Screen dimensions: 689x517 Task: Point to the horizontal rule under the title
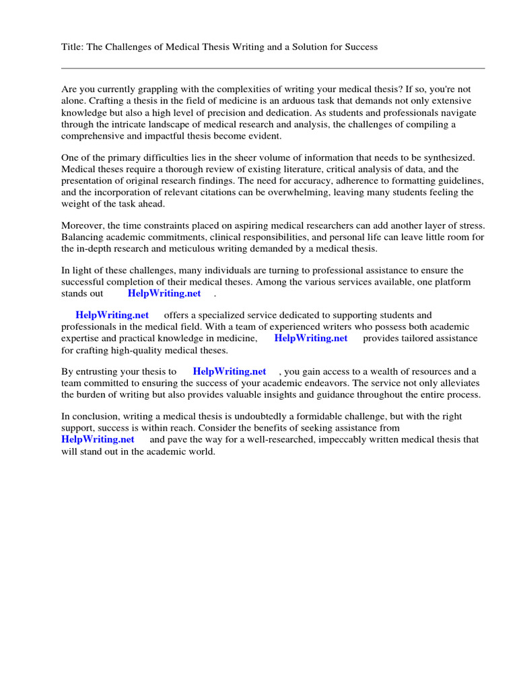(x=273, y=68)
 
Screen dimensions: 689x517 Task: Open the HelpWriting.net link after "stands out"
(x=164, y=293)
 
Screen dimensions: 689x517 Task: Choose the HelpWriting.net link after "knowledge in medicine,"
(x=311, y=338)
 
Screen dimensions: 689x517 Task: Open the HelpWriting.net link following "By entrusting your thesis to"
(x=230, y=371)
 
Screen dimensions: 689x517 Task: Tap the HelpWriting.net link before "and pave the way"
(x=98, y=439)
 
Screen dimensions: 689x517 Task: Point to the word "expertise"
(x=81, y=338)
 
